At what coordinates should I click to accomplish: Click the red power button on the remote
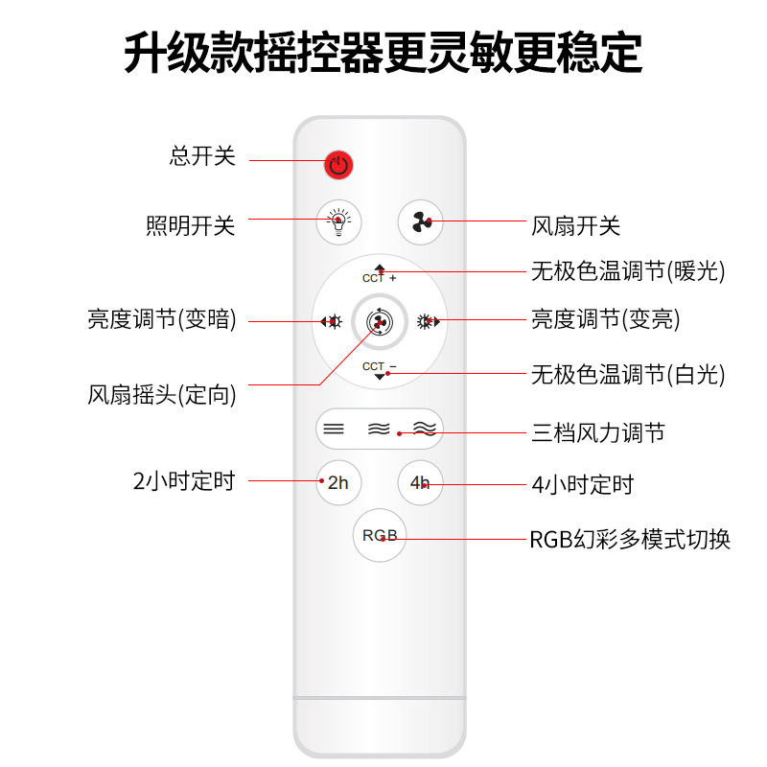pyautogui.click(x=337, y=165)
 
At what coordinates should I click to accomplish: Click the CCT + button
pyautogui.click(x=380, y=274)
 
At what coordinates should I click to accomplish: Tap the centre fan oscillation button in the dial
pyautogui.click(x=379, y=322)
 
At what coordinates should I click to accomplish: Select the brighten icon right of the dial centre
pyautogui.click(x=428, y=322)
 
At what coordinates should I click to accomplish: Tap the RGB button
pyautogui.click(x=380, y=535)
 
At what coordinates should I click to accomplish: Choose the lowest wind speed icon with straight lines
pyautogui.click(x=334, y=429)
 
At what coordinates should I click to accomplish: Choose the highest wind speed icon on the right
pyautogui.click(x=424, y=429)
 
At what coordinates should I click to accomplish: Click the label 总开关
pyautogui.click(x=202, y=156)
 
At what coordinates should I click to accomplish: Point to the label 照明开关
pyautogui.click(x=190, y=226)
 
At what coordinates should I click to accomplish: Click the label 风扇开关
pyautogui.click(x=576, y=226)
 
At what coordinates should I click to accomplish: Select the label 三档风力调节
pyautogui.click(x=598, y=432)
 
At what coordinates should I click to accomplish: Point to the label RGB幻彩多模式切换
pyautogui.click(x=630, y=540)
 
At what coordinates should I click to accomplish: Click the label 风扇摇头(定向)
pyautogui.click(x=162, y=394)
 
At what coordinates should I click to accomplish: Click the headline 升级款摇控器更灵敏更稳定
pyautogui.click(x=383, y=53)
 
